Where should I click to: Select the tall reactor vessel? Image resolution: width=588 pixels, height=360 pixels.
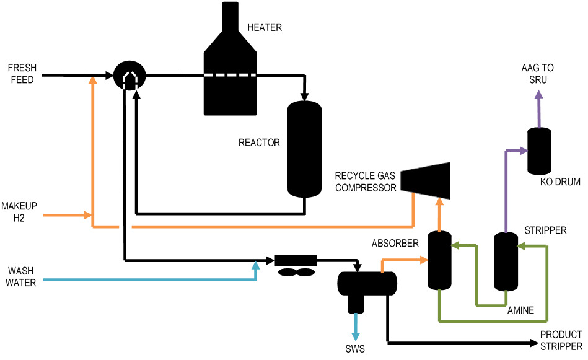click(304, 149)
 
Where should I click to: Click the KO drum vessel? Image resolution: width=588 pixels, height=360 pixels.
click(539, 151)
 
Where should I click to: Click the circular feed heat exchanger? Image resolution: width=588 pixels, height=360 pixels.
click(129, 76)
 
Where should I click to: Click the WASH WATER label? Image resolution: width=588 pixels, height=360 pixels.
click(22, 277)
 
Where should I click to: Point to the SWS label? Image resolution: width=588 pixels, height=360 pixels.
click(356, 349)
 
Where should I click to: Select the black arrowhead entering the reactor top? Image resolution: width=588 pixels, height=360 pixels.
click(304, 96)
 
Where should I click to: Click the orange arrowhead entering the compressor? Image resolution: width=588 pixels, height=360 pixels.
click(439, 202)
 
